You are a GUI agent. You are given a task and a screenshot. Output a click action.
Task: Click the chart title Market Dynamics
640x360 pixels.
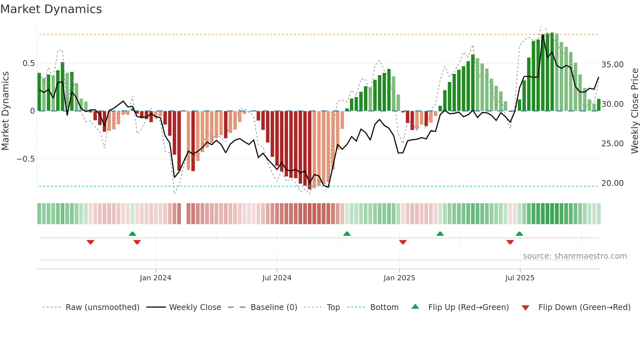pos(51,9)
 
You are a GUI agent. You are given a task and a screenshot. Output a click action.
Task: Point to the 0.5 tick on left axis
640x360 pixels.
pos(28,63)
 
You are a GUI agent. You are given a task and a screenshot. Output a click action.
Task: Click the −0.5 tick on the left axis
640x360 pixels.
pos(26,159)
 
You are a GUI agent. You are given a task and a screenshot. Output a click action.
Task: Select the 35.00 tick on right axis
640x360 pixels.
pos(612,65)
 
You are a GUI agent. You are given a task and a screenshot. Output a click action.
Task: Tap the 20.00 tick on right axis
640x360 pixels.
pos(612,183)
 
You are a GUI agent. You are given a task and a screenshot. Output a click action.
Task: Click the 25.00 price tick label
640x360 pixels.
pos(612,144)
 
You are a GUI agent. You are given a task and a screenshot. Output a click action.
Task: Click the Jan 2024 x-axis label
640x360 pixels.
pos(155,278)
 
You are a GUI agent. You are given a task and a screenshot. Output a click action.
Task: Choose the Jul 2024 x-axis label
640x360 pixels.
pos(277,278)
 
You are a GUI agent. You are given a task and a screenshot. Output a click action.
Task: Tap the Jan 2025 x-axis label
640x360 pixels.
pos(399,278)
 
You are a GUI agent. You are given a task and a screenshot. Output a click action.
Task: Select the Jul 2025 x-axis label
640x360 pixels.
pos(520,278)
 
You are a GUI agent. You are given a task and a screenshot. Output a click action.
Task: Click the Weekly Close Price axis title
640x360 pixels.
pos(634,111)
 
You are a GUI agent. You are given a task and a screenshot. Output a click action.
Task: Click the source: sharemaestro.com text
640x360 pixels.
pos(575,256)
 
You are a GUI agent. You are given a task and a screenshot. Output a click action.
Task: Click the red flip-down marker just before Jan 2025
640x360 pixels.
pos(403,242)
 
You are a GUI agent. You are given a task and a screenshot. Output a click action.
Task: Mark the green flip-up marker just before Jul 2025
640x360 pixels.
pos(519,234)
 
